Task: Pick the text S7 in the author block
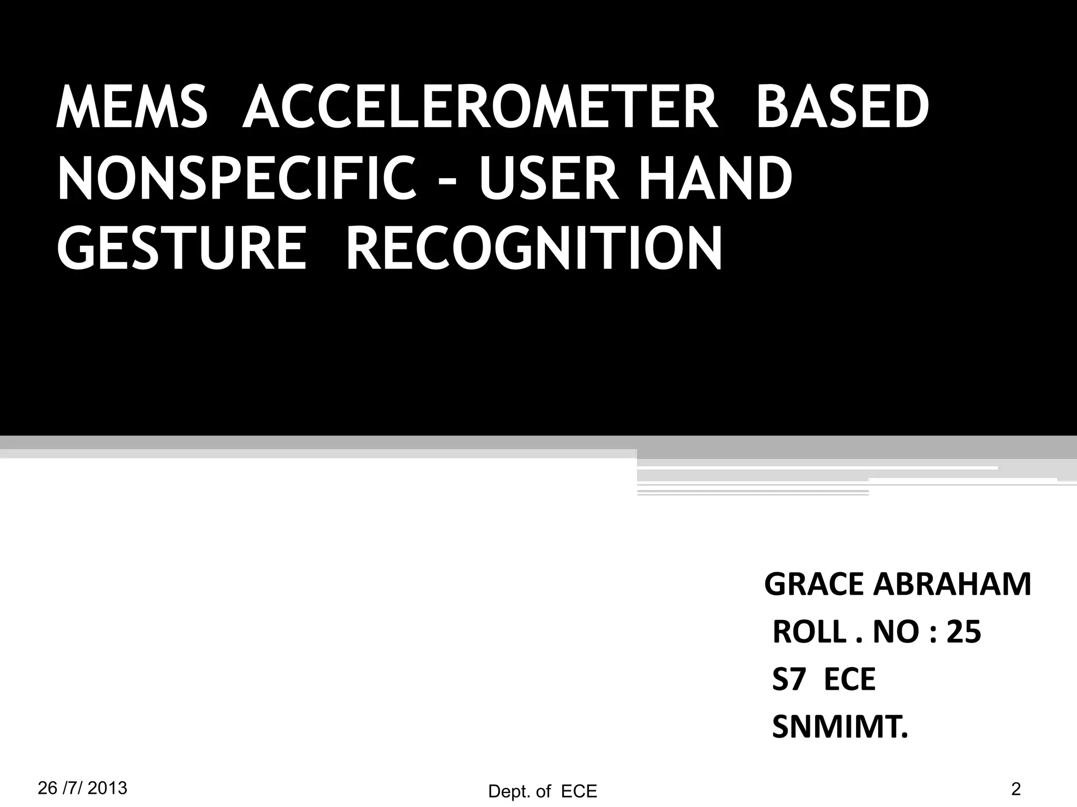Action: [x=789, y=679]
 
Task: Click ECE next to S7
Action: [x=849, y=679]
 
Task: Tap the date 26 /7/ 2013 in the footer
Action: [x=83, y=788]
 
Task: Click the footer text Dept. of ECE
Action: [x=543, y=791]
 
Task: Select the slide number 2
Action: [x=1015, y=788]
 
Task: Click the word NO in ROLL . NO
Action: [x=892, y=632]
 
